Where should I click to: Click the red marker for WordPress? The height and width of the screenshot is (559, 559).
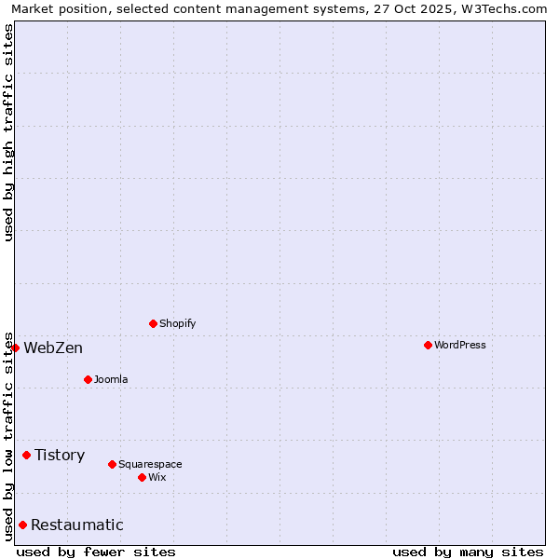pos(428,345)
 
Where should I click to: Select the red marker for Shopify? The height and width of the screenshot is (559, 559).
pos(153,323)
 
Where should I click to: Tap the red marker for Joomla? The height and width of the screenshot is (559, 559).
pos(88,379)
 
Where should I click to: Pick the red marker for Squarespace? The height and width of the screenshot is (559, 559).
pos(112,464)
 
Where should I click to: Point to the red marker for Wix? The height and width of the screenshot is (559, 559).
pos(142,477)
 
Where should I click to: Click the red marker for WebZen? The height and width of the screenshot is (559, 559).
pos(15,348)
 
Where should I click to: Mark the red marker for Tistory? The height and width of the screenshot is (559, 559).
pos(26,455)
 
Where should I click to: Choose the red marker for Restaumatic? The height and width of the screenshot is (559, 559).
pos(22,525)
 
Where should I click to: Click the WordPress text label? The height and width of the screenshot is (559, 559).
pos(460,345)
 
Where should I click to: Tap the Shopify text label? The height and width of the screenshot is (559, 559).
pos(178,323)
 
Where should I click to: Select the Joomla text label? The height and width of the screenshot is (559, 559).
pos(111,379)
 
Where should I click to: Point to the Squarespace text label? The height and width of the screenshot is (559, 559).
pos(150,464)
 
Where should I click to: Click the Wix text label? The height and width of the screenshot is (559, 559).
pos(157,477)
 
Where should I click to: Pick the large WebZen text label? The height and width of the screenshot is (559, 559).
pos(53,348)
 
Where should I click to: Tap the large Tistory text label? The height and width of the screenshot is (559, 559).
pos(60,455)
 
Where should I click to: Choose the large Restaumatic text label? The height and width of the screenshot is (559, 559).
pos(76,525)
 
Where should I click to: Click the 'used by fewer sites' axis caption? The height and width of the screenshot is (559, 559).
pos(96,552)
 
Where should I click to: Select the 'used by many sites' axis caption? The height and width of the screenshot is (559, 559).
pos(468,552)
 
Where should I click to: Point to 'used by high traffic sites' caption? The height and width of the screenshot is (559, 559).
pos(8,132)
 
